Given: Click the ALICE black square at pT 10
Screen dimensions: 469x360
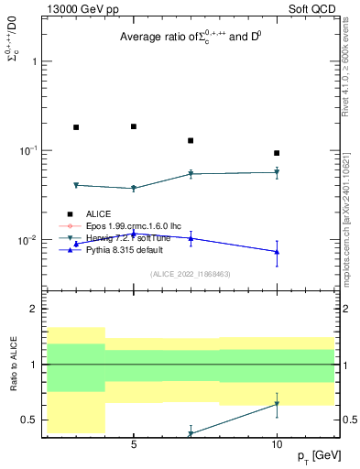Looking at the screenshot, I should (277, 153).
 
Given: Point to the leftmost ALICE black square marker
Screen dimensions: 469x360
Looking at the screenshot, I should (76, 127).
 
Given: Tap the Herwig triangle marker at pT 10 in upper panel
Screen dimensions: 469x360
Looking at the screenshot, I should (277, 172).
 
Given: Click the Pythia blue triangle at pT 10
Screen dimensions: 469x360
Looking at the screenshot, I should (277, 252).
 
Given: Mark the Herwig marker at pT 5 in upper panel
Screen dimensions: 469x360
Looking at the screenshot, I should (134, 189).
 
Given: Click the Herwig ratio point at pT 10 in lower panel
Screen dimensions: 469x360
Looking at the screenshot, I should (277, 404).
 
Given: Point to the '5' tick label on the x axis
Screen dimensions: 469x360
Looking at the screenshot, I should (134, 444).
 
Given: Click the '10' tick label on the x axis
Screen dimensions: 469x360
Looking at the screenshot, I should (277, 444).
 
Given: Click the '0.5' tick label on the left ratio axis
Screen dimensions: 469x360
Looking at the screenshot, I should (29, 420).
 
